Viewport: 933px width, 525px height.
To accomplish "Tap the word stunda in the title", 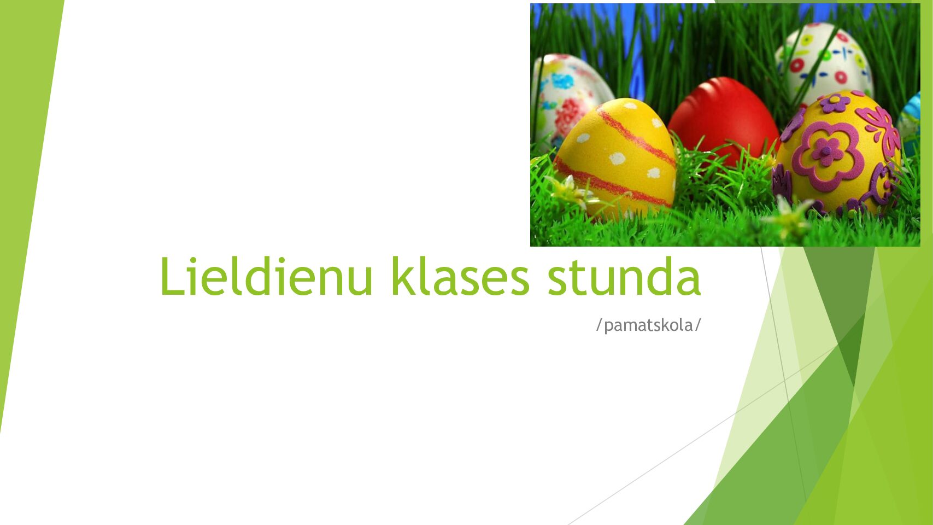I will tap(624, 276).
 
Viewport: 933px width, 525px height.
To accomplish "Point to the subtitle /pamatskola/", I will tap(648, 325).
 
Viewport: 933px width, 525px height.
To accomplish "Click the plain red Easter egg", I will tap(723, 118).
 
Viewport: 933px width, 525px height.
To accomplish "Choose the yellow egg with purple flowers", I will tap(836, 153).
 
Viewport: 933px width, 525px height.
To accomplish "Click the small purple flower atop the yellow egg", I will tap(835, 102).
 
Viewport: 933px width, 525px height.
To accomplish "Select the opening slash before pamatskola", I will tap(599, 325).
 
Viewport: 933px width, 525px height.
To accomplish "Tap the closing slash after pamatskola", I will tap(697, 325).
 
